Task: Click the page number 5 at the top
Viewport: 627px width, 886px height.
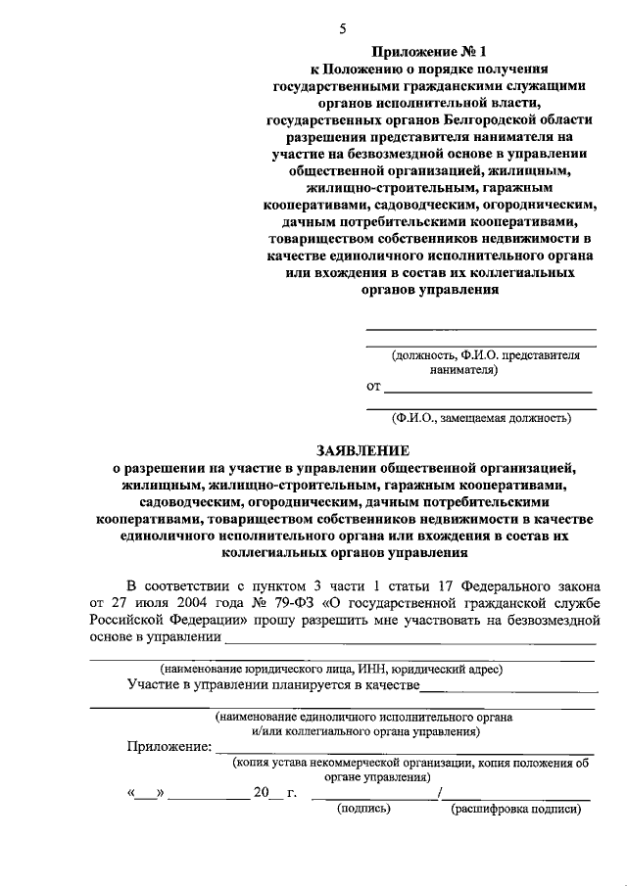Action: (343, 28)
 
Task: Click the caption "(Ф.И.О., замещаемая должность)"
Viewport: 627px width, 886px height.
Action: (480, 417)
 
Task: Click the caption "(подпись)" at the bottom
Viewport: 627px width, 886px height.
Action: (363, 810)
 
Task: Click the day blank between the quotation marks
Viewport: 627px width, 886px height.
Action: (145, 794)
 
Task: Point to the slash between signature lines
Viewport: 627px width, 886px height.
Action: (442, 792)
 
